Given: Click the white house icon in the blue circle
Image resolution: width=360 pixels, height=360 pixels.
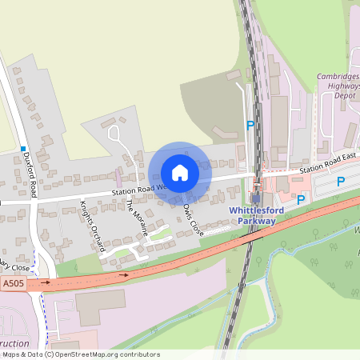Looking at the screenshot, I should click(x=179, y=173).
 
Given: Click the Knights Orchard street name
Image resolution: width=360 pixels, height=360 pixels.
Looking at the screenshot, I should click(x=91, y=226).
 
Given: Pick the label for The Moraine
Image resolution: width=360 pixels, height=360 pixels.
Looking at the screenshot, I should click(x=137, y=216).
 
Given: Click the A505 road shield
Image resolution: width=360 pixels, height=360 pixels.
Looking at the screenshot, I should click(x=13, y=282).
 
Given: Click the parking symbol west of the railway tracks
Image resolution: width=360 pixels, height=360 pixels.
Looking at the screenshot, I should click(x=250, y=126).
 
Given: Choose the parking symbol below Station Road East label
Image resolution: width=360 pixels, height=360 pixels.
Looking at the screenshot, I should click(x=340, y=182).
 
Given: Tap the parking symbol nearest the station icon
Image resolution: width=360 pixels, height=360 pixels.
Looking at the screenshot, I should click(x=301, y=199).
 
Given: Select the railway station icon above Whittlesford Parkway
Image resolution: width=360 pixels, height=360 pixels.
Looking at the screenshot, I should click(x=256, y=198).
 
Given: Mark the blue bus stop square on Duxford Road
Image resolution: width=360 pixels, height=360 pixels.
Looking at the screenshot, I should click(x=25, y=150).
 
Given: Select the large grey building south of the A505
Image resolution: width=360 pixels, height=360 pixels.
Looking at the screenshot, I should click(x=100, y=307).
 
